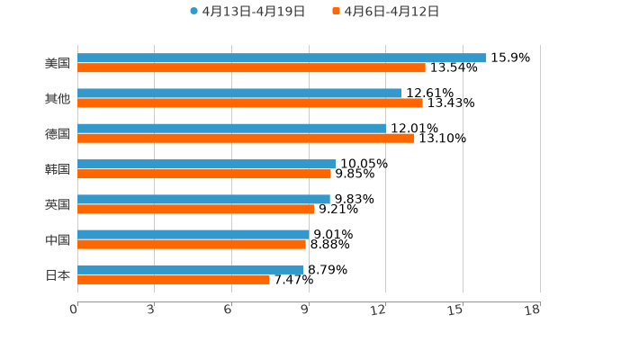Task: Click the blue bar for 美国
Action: [282, 58]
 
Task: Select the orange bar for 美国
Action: [251, 68]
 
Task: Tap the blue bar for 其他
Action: [239, 94]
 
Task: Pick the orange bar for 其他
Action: [250, 103]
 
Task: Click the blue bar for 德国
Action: [231, 129]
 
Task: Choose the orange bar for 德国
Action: [246, 139]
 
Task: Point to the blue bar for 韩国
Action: [206, 165]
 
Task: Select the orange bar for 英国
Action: [195, 209]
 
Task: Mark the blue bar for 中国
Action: [193, 235]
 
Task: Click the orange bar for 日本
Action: [174, 280]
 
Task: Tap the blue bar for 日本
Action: [191, 270]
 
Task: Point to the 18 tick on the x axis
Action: [533, 310]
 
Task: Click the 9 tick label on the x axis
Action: [305, 310]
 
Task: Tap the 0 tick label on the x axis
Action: [74, 310]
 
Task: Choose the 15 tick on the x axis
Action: [456, 310]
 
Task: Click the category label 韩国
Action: [58, 169]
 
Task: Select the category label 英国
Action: [58, 204]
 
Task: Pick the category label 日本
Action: [58, 274]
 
